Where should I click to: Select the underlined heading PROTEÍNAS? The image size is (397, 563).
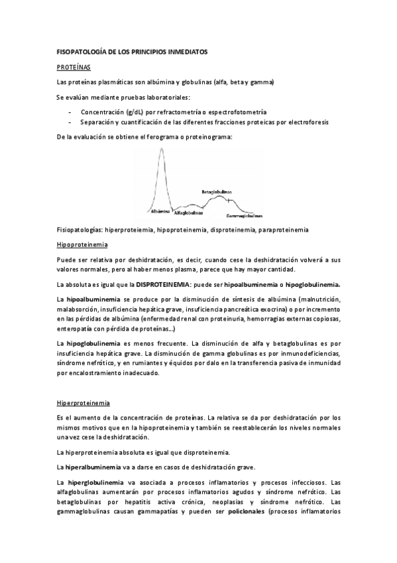(x=73, y=67)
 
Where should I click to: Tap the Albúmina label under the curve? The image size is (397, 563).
(x=160, y=210)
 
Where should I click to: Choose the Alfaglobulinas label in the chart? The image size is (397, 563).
(x=190, y=214)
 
